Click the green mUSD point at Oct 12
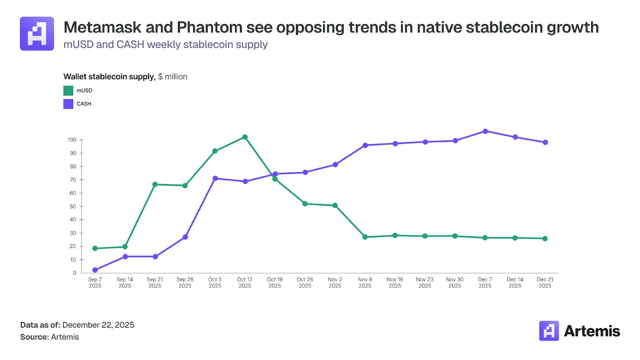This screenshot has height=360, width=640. point(245,137)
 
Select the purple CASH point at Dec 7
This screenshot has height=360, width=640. point(485,131)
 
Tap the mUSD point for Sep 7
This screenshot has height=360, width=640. point(95,248)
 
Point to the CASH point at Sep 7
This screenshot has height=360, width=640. point(95,270)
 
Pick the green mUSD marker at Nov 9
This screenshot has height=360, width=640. point(365,237)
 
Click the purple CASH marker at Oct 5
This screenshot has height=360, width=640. point(215,178)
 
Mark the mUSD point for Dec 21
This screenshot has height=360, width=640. point(545,239)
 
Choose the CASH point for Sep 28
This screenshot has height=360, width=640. point(185,237)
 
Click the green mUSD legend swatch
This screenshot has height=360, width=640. point(68,91)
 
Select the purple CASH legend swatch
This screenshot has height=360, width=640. point(68,104)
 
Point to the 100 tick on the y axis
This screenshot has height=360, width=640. point(72,140)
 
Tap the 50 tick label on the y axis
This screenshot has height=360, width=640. point(73,206)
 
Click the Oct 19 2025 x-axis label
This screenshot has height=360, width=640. point(275,282)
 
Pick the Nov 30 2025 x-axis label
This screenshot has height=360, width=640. point(455,282)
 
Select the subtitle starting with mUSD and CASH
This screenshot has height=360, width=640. point(165,44)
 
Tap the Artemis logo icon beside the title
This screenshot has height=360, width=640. point(37,34)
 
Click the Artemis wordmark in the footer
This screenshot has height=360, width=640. point(592,331)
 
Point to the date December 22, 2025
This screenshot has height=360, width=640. point(98,325)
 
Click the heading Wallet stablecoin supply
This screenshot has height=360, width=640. point(109,76)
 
